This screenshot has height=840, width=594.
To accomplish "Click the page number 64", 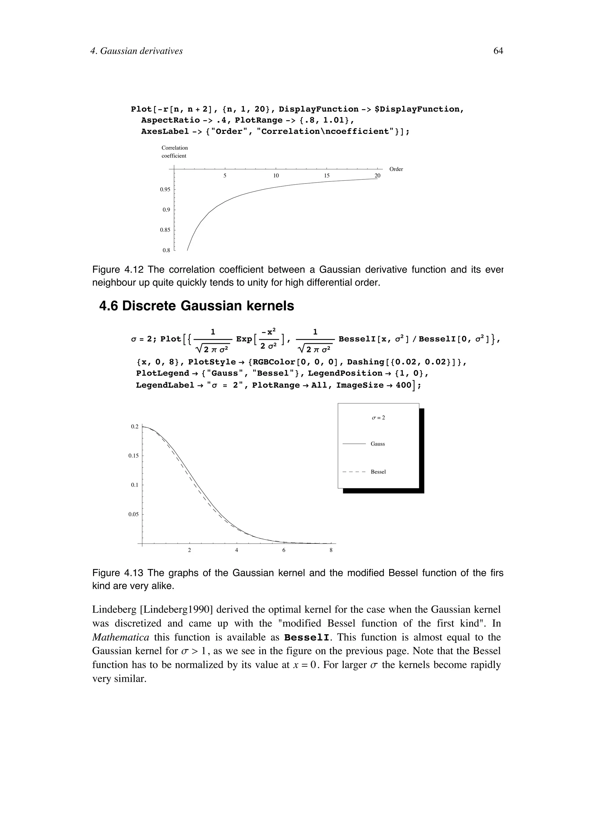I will [x=498, y=51].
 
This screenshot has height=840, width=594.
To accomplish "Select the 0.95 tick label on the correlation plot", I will [x=165, y=190].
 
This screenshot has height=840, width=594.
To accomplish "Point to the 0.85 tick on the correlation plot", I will [x=165, y=230].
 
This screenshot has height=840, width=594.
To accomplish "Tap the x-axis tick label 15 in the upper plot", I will [x=327, y=176].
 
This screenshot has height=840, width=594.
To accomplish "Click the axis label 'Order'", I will [x=396, y=169].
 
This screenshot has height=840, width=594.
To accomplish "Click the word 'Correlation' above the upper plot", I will [x=175, y=148].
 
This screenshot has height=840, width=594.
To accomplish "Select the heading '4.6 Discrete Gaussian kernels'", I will [x=197, y=306].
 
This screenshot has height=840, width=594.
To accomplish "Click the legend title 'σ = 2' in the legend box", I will [x=378, y=417].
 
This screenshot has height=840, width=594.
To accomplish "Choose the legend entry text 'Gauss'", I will [x=378, y=444].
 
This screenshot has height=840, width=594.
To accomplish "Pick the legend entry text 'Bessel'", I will [x=378, y=472].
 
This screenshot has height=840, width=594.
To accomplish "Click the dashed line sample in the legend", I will [x=354, y=472].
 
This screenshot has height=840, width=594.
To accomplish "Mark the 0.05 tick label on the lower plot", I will [x=134, y=514].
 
